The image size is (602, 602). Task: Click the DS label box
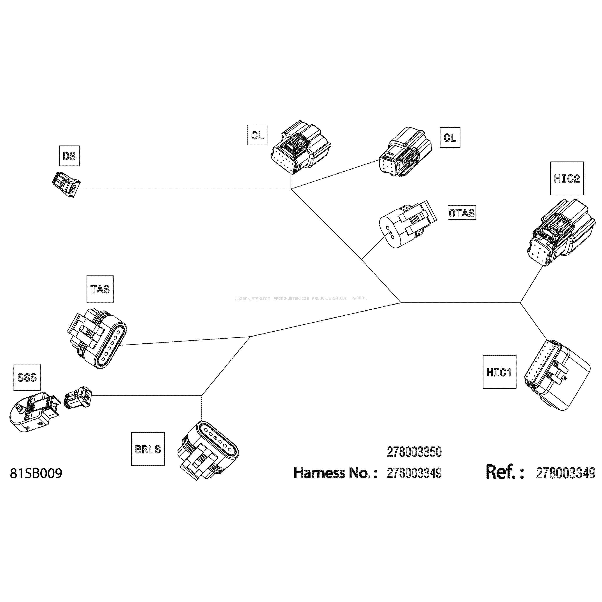click(69, 156)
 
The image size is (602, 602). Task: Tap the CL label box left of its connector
click(258, 135)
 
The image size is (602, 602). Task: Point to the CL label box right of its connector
click(450, 137)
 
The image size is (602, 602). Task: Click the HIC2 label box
click(567, 178)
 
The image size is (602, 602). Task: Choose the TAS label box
click(100, 289)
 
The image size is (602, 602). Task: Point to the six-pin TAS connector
click(97, 338)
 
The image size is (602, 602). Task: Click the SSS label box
click(27, 377)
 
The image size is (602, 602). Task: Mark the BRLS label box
click(148, 449)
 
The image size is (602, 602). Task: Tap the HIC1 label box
click(499, 372)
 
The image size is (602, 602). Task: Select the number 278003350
click(414, 452)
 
